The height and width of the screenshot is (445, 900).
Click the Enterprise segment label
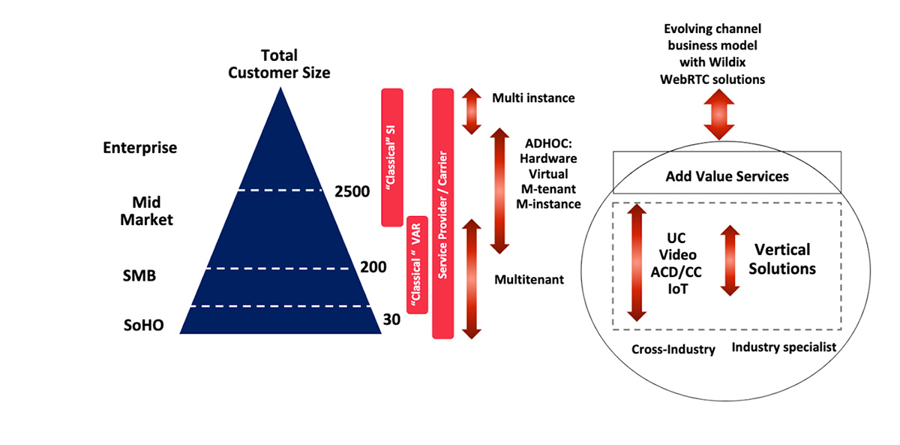[139, 148]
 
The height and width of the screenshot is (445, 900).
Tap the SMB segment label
[139, 275]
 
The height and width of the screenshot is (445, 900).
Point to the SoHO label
[144, 325]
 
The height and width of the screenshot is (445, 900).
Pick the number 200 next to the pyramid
[373, 266]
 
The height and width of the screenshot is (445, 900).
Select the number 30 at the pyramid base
[391, 320]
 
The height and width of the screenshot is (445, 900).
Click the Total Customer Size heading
[279, 64]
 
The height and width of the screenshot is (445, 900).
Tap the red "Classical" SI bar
[393, 157]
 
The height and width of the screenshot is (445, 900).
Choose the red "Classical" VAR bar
[416, 264]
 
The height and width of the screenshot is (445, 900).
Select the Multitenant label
[529, 279]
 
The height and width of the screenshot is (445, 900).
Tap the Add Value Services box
[727, 176]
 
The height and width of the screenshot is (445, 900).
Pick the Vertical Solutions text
[782, 258]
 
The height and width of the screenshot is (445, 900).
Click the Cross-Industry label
[673, 349]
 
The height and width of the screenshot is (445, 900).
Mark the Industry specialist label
[784, 347]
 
